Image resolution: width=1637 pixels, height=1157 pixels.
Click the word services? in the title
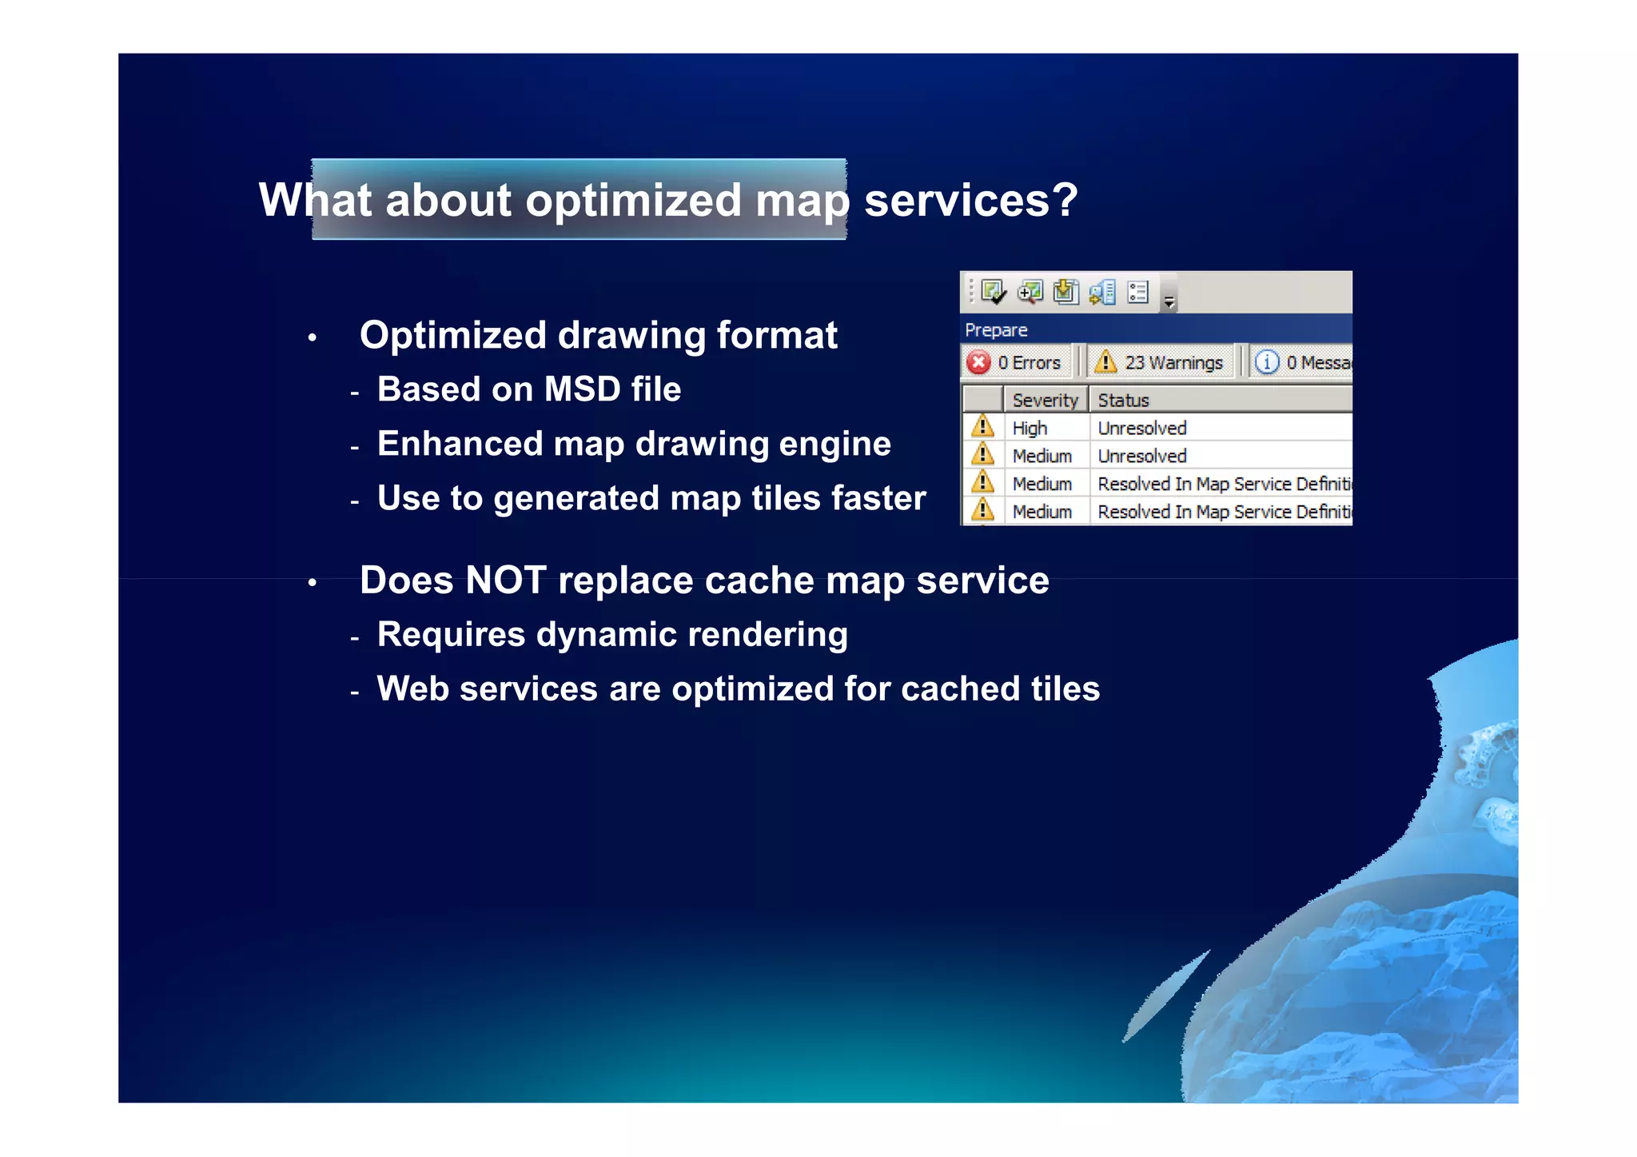coord(970,200)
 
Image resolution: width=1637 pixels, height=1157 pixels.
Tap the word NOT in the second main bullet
coord(505,580)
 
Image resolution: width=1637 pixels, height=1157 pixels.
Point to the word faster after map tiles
coord(878,498)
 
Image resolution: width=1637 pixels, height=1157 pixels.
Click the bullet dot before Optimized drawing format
coord(313,338)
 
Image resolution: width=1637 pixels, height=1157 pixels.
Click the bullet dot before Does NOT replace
coord(313,584)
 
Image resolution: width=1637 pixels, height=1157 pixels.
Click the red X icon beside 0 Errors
coord(978,362)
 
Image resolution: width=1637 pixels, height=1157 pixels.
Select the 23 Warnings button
coord(1161,362)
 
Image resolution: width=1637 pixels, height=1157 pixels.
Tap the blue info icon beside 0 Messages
coord(1266,362)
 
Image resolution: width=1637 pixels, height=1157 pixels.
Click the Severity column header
coord(1044,400)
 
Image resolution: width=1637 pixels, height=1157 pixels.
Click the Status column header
coord(1123,400)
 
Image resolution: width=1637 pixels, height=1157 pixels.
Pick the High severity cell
coord(1030,429)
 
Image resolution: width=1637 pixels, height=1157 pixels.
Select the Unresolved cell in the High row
coord(1141,429)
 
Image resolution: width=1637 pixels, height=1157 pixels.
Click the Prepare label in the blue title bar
coord(996,330)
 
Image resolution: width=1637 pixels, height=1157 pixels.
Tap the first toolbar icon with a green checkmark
coord(992,292)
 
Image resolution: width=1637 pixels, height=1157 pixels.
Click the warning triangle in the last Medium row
coord(982,510)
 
